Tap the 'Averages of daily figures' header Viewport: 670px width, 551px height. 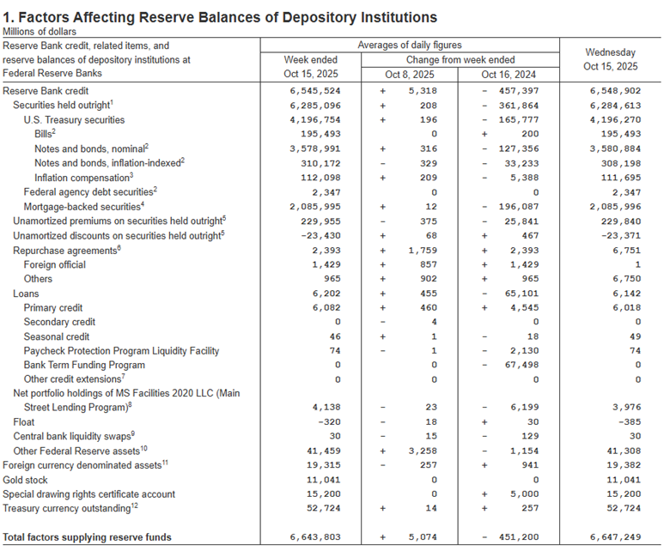pyautogui.click(x=409, y=45)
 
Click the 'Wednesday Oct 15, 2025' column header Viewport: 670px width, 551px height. pyautogui.click(x=610, y=59)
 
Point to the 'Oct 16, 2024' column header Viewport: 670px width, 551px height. pyautogui.click(x=506, y=75)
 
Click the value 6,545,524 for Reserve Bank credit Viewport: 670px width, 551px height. pyautogui.click(x=316, y=90)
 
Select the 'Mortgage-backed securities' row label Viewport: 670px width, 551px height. pyautogui.click(x=82, y=207)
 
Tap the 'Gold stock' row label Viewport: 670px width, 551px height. pyautogui.click(x=26, y=480)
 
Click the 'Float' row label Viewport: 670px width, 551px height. pyautogui.click(x=24, y=422)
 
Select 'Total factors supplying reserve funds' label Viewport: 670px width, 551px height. pyautogui.click(x=88, y=537)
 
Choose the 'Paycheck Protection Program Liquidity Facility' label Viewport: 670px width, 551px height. pyautogui.click(x=121, y=350)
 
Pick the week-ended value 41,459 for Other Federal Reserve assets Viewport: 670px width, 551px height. pyautogui.click(x=322, y=451)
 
